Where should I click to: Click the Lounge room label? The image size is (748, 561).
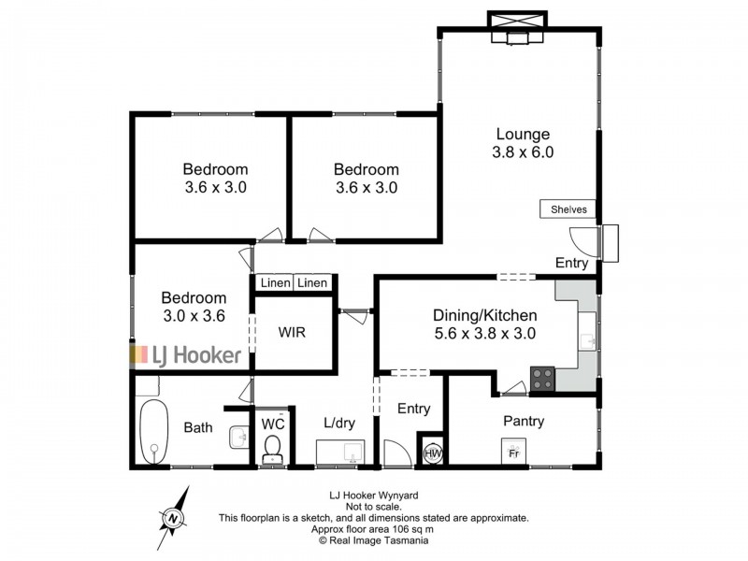point(522,134)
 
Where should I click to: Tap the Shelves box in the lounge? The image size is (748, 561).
point(568,209)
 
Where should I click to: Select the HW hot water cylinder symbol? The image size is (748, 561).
point(433,453)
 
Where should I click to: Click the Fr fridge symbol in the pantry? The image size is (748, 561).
point(513,453)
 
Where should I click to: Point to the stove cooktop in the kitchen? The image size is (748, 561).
point(543,379)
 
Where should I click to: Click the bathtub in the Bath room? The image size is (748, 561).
point(154,432)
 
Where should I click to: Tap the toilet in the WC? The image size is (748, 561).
point(272,451)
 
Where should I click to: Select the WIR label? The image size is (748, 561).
point(291,332)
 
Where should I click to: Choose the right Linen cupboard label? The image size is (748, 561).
point(313,282)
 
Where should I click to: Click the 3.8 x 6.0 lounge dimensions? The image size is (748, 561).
point(524,152)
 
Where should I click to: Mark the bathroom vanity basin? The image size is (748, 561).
point(237,435)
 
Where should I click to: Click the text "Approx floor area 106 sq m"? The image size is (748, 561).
point(374,528)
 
